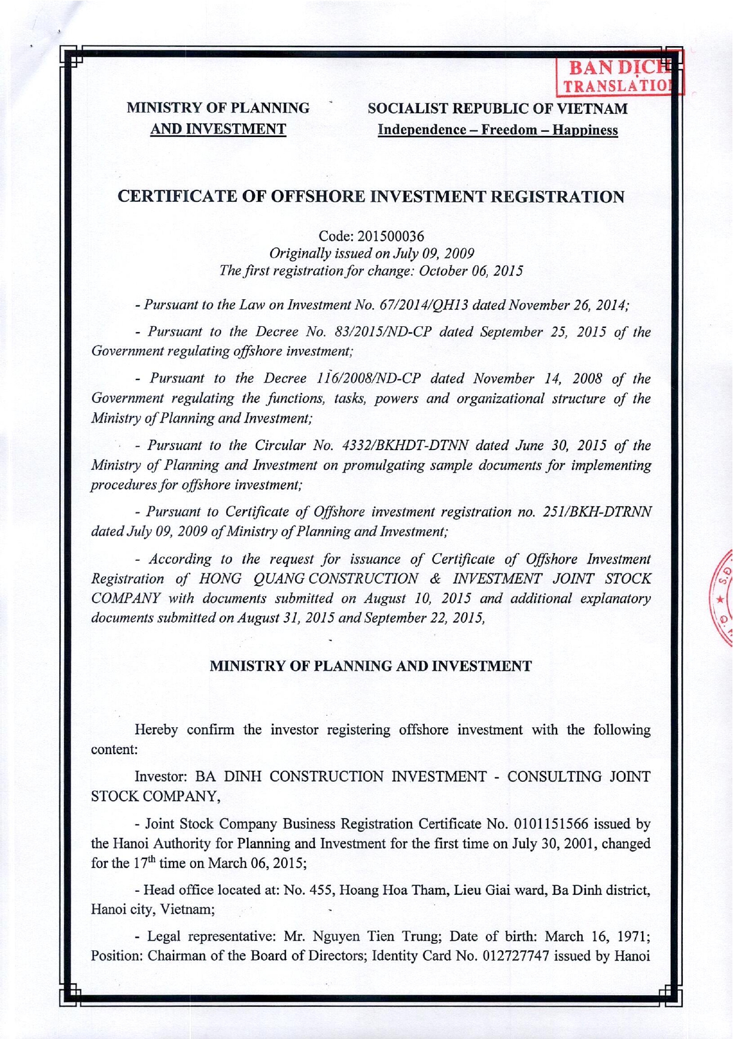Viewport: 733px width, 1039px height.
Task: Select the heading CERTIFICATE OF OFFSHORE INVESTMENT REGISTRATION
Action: pyautogui.click(x=371, y=196)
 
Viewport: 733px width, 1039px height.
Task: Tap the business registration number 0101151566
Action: pyautogui.click(x=561, y=824)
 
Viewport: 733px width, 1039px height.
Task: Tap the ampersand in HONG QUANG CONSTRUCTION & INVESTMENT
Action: pyautogui.click(x=436, y=579)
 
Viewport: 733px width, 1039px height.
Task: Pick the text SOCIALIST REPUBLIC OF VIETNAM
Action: pyautogui.click(x=498, y=109)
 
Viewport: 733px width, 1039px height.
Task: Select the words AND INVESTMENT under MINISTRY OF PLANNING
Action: pyautogui.click(x=218, y=129)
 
